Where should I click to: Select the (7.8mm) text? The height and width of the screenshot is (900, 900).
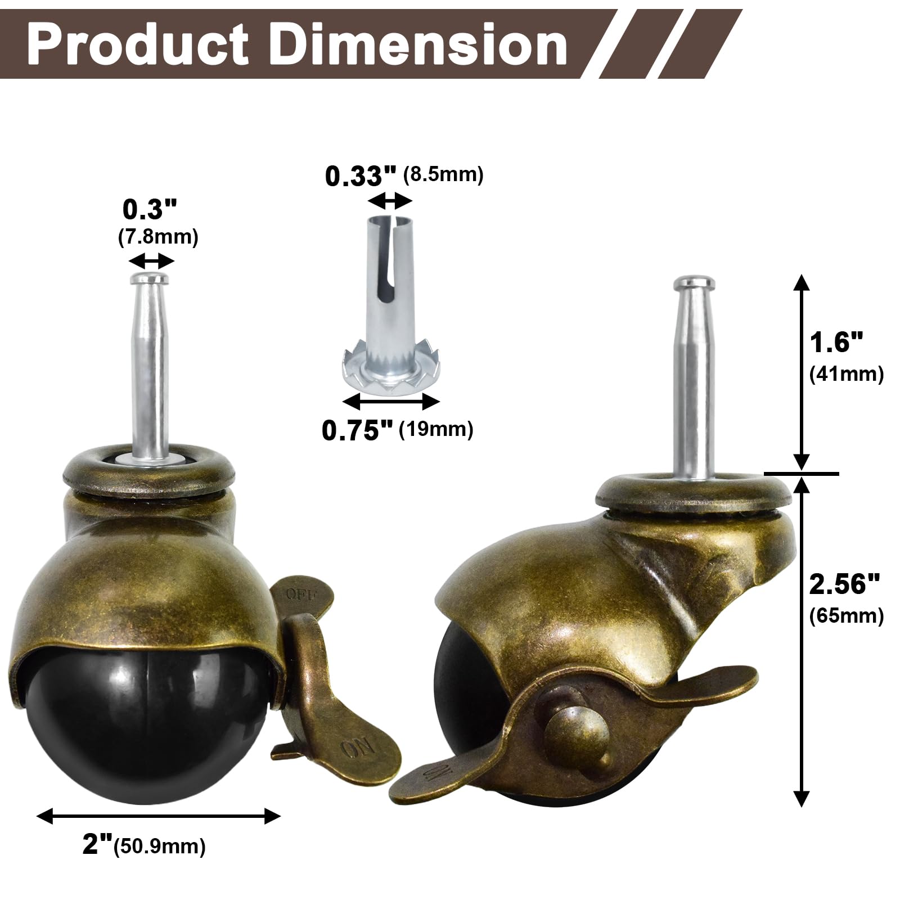tap(158, 237)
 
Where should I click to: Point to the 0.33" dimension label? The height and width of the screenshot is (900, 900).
tap(361, 177)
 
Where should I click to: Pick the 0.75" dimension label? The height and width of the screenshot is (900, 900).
tap(357, 431)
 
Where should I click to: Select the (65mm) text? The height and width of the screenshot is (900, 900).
tap(847, 616)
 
